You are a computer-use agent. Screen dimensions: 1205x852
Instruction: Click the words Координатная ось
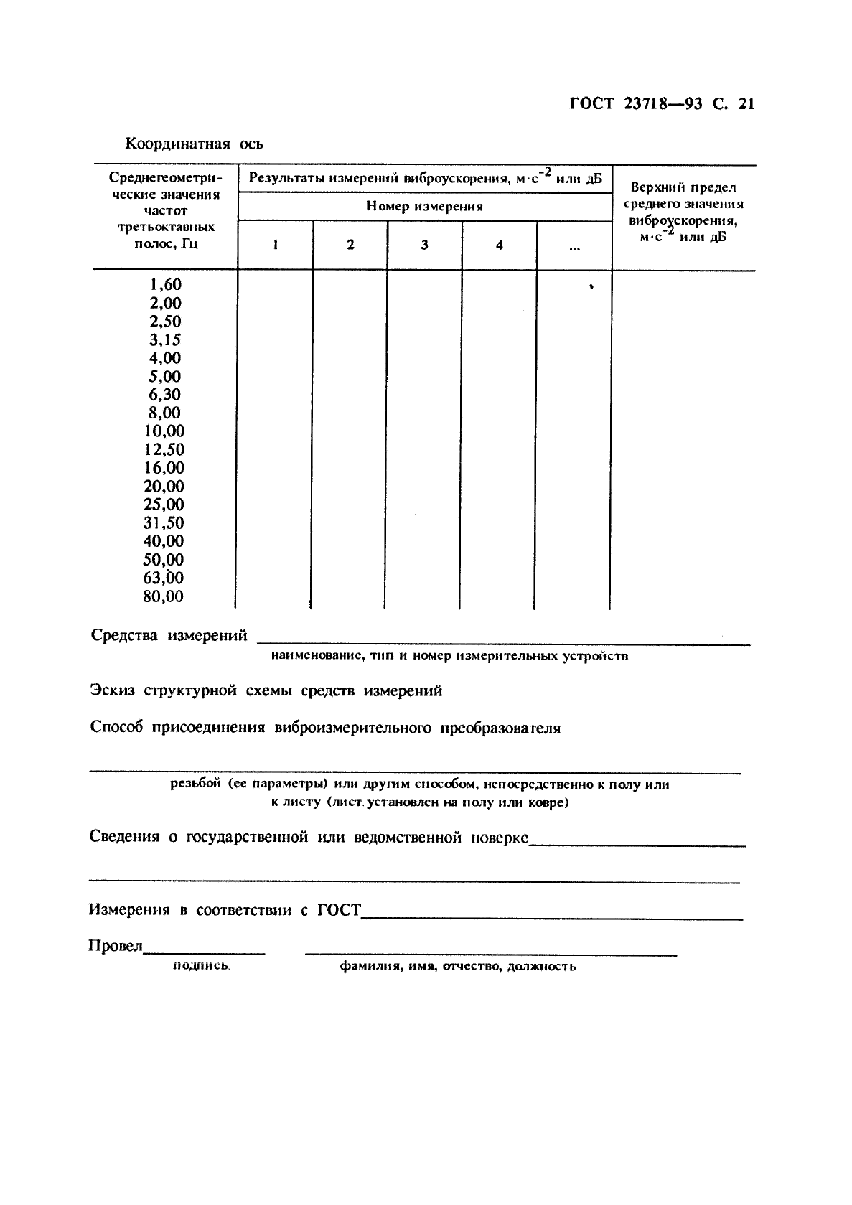(195, 144)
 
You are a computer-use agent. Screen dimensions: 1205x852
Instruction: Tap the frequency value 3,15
(165, 339)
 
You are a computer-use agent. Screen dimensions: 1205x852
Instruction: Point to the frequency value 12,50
(164, 449)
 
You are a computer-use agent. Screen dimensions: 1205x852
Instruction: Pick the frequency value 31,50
(164, 523)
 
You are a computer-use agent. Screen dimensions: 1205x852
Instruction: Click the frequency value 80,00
(164, 596)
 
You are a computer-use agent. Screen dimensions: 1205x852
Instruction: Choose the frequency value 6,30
(165, 394)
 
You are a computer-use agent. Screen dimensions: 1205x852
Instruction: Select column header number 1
(276, 245)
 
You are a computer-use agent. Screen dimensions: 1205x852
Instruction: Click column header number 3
(424, 245)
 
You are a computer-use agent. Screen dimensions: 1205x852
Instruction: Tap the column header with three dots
(574, 248)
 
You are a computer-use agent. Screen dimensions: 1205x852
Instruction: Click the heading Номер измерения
(424, 207)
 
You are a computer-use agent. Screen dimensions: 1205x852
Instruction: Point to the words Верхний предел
(683, 188)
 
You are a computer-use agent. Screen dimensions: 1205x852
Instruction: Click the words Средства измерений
(169, 635)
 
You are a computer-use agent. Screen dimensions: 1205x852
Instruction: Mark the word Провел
(115, 946)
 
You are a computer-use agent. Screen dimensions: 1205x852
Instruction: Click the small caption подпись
(201, 966)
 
